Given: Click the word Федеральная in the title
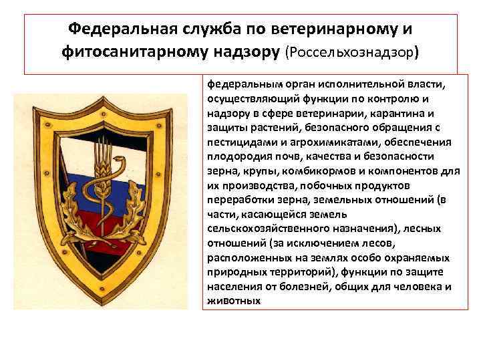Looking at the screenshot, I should click(122, 29).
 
